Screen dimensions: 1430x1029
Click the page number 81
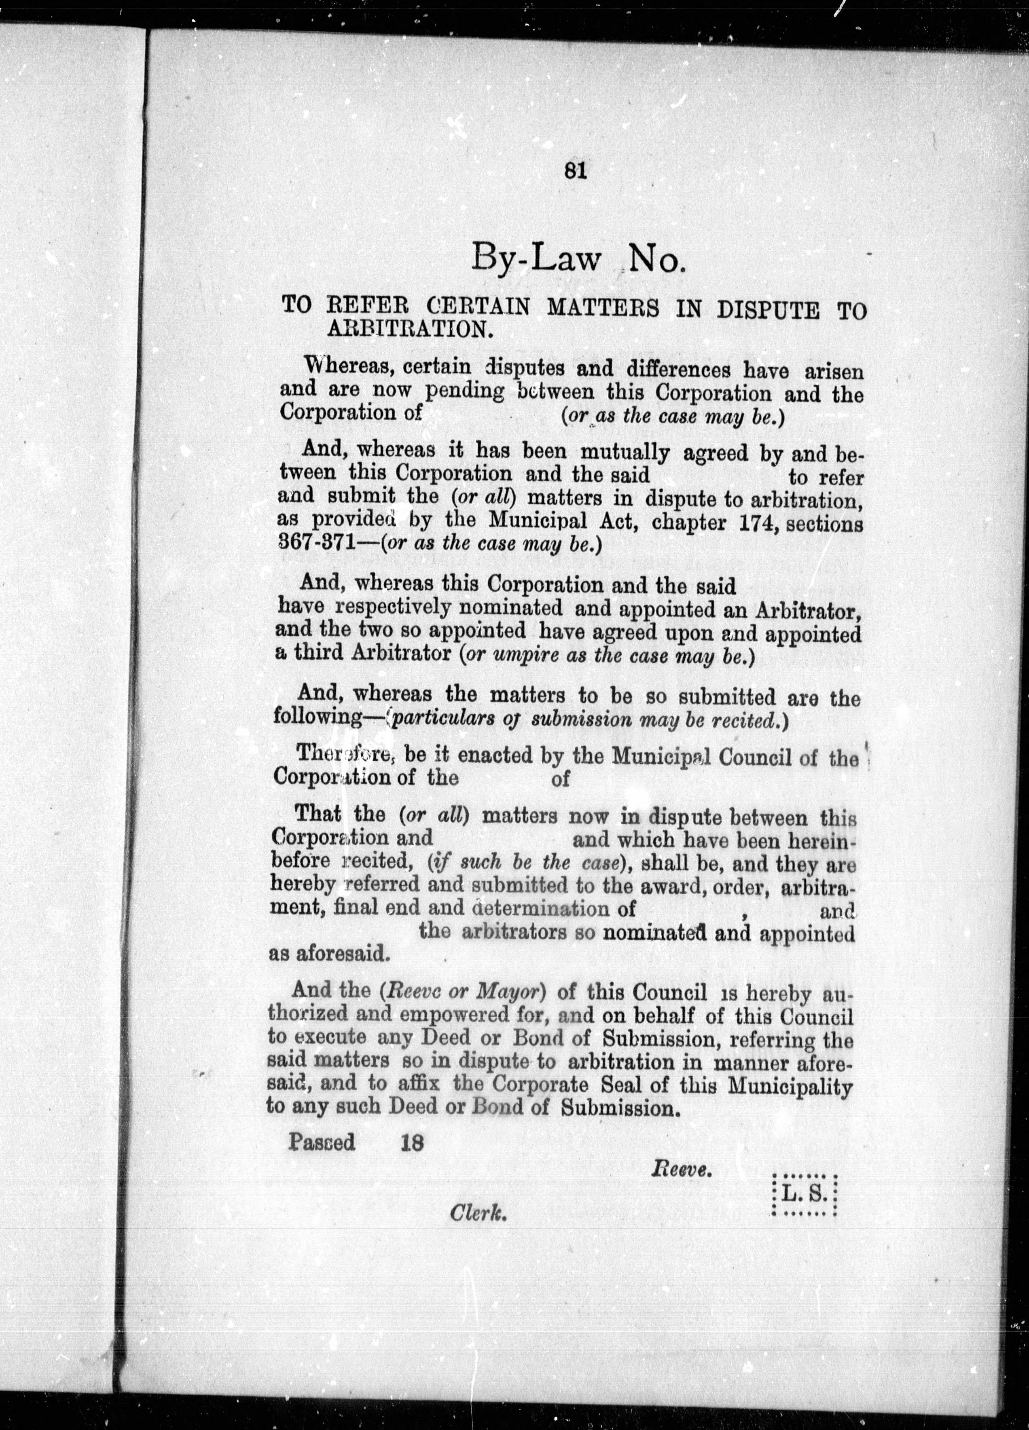pos(576,171)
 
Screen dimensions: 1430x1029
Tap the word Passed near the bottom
pos(322,1142)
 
